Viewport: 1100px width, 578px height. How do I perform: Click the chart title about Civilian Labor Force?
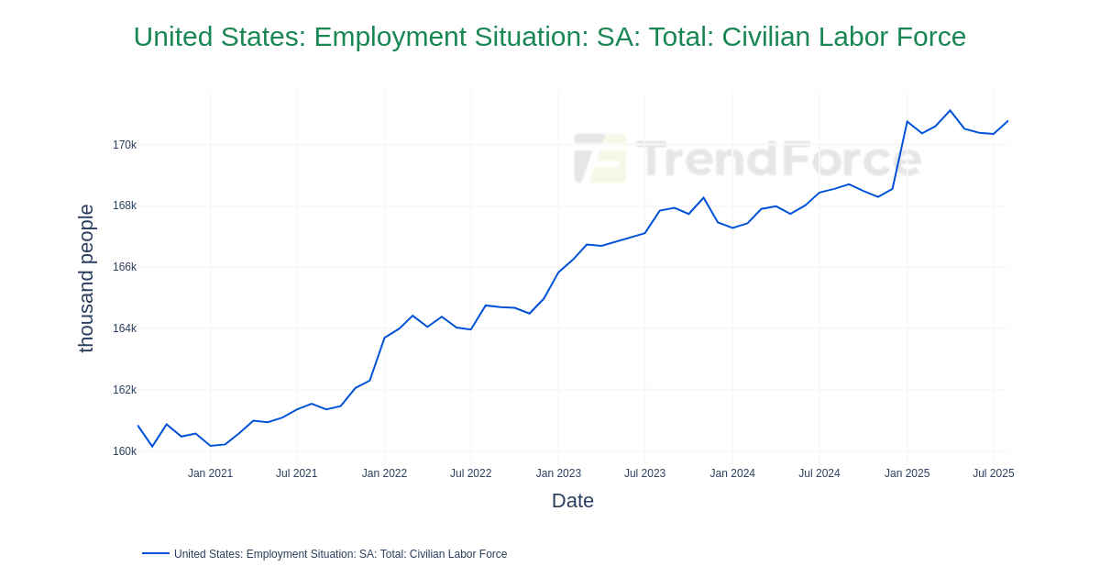click(x=550, y=37)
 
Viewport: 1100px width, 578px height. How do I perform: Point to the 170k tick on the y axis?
click(x=125, y=145)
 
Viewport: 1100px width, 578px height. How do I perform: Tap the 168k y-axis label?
click(x=125, y=206)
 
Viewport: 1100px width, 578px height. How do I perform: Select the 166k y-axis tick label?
click(x=125, y=267)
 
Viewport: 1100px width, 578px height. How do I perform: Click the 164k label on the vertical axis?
click(x=125, y=328)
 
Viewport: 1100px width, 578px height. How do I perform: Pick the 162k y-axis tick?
click(x=125, y=390)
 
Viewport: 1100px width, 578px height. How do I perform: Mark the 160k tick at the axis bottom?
click(x=125, y=451)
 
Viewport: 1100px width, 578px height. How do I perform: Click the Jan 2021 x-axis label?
click(x=210, y=473)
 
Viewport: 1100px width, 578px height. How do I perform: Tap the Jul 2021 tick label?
click(x=296, y=473)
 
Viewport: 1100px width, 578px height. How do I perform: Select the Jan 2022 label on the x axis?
click(x=384, y=473)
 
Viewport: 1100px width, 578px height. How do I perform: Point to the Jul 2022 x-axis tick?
click(x=470, y=473)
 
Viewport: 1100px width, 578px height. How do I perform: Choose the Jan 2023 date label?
click(x=558, y=473)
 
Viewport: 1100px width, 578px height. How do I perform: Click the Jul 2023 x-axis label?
click(x=644, y=473)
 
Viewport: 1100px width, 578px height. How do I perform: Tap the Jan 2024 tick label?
click(x=732, y=473)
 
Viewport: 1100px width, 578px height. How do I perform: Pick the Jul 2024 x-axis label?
click(x=819, y=473)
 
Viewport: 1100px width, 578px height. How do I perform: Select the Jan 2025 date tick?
click(x=907, y=473)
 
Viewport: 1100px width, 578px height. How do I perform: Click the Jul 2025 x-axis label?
click(x=993, y=473)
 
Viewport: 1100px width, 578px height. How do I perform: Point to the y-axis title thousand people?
click(x=86, y=278)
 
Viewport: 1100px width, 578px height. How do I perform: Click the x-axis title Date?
click(x=573, y=501)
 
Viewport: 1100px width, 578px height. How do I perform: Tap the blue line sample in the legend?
click(x=156, y=553)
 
